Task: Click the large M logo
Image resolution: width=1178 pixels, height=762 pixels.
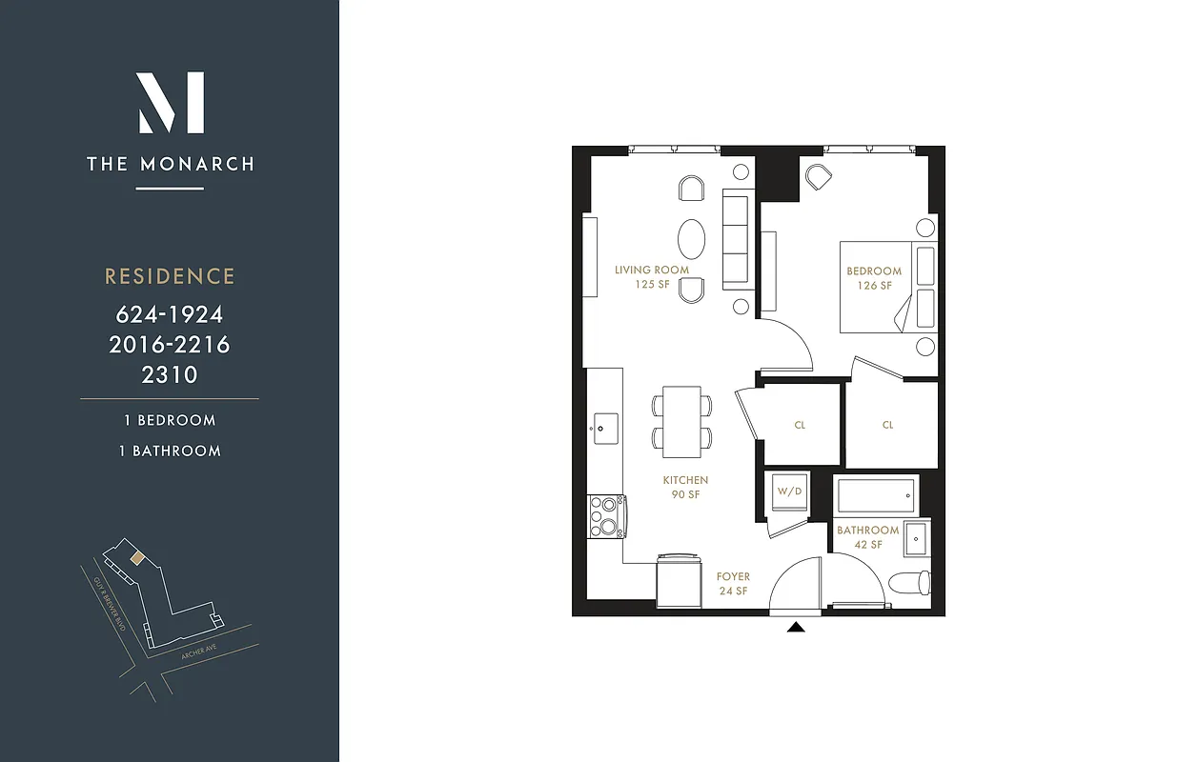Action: (x=170, y=102)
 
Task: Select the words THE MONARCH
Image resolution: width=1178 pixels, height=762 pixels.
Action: (x=170, y=164)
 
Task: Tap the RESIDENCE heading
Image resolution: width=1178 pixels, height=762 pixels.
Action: (x=170, y=276)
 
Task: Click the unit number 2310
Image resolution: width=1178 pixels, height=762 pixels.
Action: (x=170, y=374)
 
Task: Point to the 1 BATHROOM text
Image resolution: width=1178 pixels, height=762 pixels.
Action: (x=170, y=451)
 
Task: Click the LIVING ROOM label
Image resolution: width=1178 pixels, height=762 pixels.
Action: (x=652, y=277)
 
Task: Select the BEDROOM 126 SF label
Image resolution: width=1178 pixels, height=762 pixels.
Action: (x=874, y=278)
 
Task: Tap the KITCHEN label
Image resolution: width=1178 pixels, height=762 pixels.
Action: (x=685, y=488)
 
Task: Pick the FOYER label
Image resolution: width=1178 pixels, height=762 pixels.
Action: (x=733, y=583)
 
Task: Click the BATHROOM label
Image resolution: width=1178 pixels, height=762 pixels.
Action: (x=867, y=536)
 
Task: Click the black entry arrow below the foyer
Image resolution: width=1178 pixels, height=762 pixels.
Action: (x=796, y=626)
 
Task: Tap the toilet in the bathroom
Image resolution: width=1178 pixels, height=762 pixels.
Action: (x=907, y=581)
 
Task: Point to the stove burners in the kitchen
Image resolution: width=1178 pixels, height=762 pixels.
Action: (x=604, y=516)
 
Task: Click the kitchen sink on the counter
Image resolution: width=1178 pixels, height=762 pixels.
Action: (x=604, y=422)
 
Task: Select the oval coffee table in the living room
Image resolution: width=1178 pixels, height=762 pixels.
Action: (x=693, y=237)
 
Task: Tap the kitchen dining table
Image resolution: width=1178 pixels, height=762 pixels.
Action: (x=681, y=420)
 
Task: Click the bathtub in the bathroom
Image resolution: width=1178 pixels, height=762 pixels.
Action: (x=875, y=495)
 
